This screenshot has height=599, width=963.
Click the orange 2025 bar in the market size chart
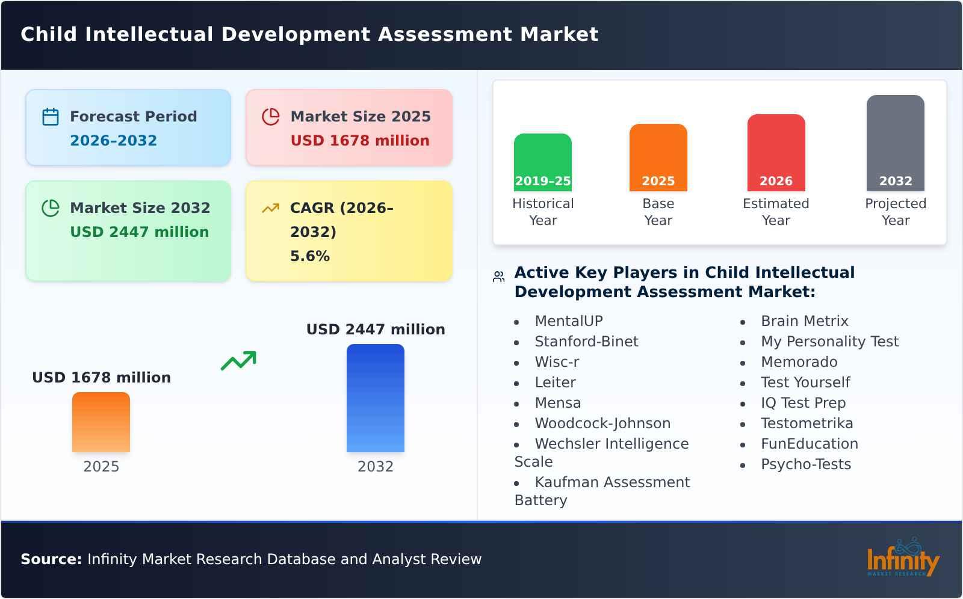101,422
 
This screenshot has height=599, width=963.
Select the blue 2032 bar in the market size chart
376,398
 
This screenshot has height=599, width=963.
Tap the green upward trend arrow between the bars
238,361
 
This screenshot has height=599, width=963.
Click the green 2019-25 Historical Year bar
542,162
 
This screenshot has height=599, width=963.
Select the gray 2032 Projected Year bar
895,143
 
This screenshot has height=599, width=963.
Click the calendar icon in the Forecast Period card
51,117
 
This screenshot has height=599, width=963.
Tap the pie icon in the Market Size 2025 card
271,117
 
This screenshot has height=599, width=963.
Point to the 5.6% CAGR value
310,256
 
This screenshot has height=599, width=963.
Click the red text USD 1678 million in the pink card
360,141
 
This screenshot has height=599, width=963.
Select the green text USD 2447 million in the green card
140,232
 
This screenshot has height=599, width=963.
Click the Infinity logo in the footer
902,559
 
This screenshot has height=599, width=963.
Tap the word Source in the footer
51,559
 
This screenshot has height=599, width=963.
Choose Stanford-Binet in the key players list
586,342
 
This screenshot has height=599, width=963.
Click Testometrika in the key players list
807,423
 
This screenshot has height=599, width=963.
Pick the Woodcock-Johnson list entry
602,423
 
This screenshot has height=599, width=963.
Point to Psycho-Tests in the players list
806,464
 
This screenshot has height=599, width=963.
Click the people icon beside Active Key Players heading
498,277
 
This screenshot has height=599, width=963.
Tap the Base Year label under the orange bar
658,212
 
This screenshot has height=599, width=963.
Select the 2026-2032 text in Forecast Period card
113,141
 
